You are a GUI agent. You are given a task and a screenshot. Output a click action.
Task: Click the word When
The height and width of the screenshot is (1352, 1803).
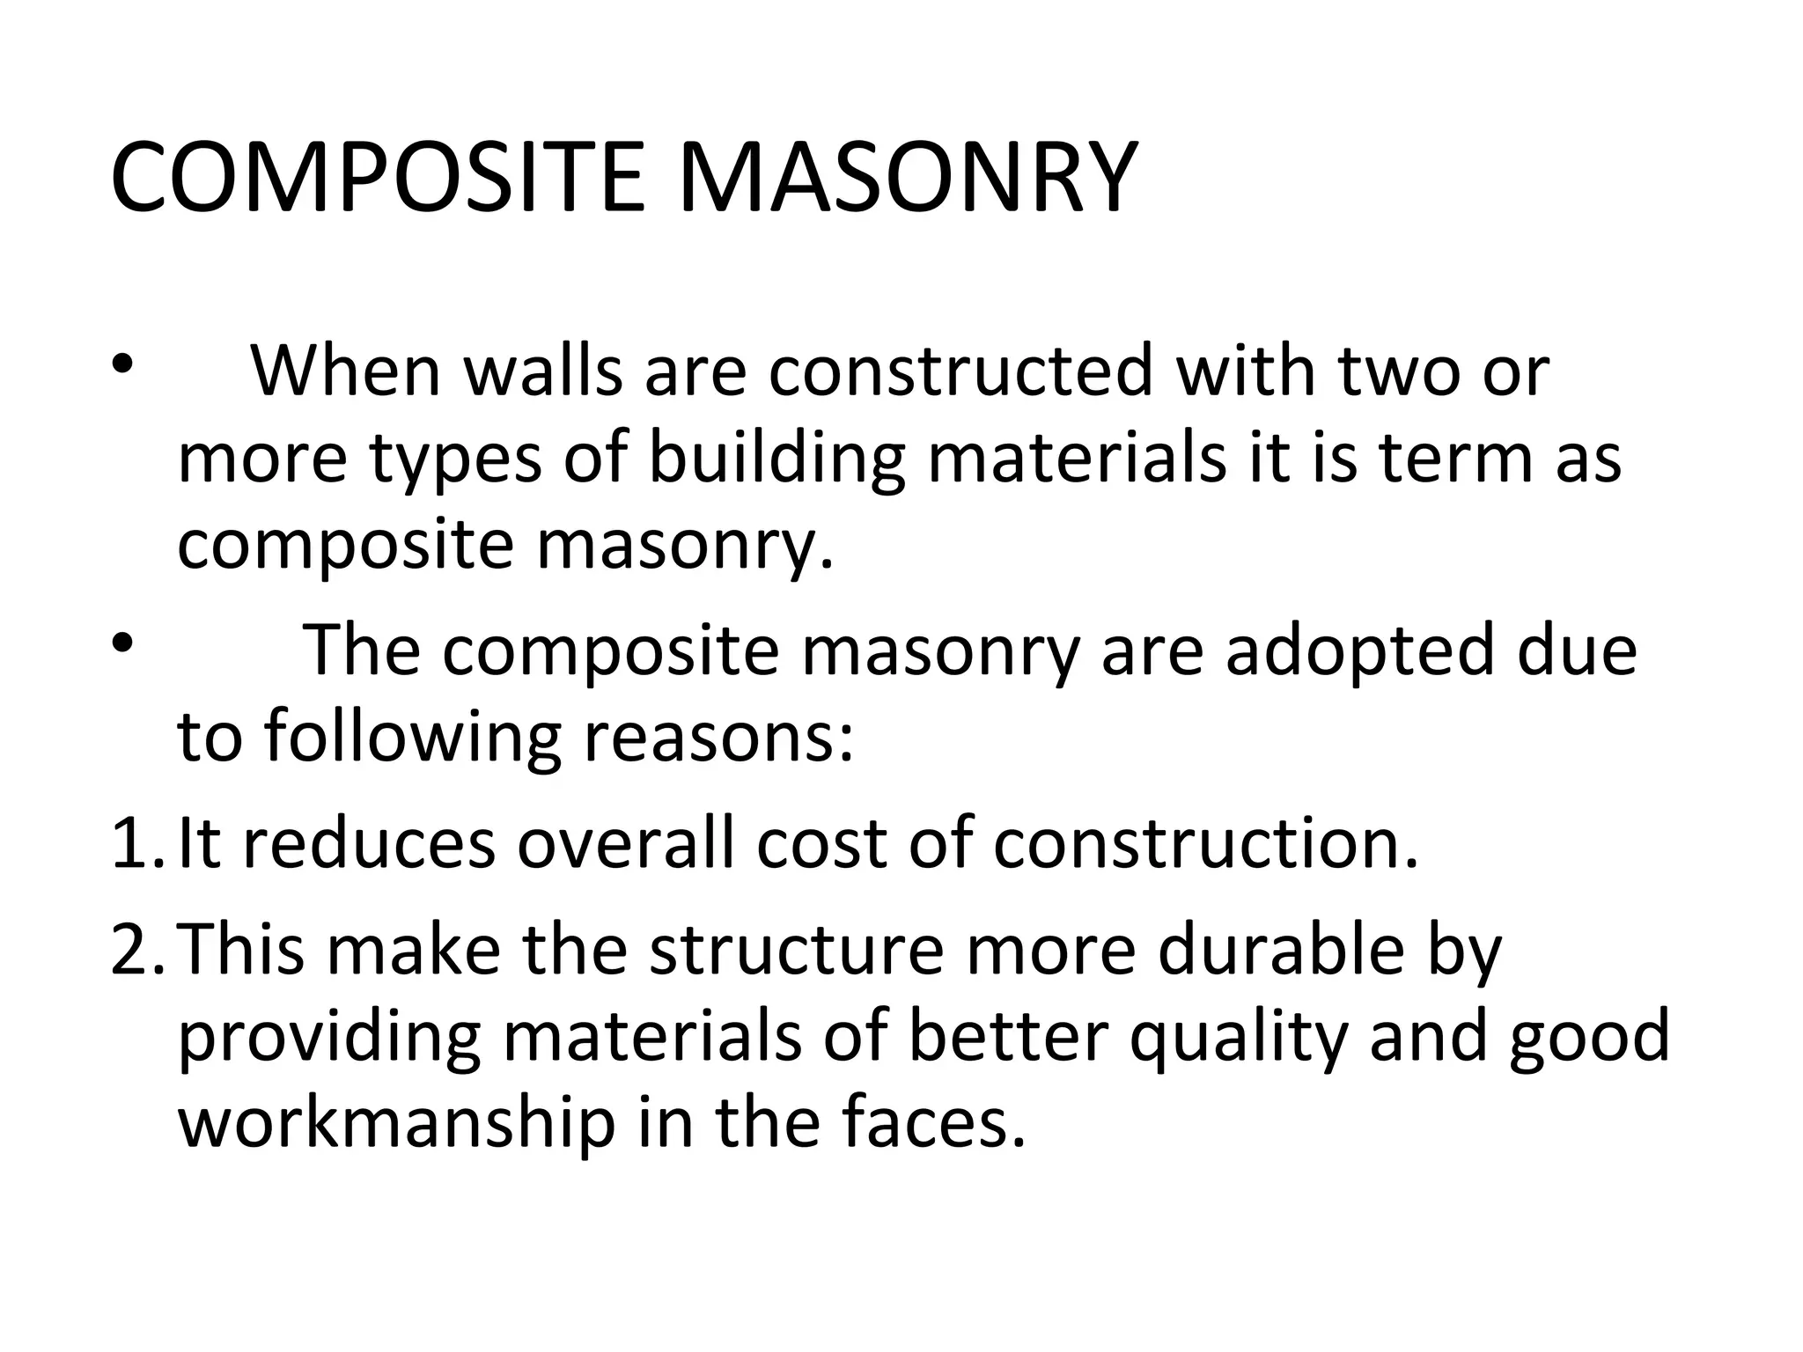click(x=345, y=371)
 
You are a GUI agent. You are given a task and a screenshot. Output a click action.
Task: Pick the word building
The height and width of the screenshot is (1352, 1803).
click(x=777, y=459)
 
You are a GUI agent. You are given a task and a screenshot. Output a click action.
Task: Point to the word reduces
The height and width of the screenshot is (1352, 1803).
click(x=369, y=843)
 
